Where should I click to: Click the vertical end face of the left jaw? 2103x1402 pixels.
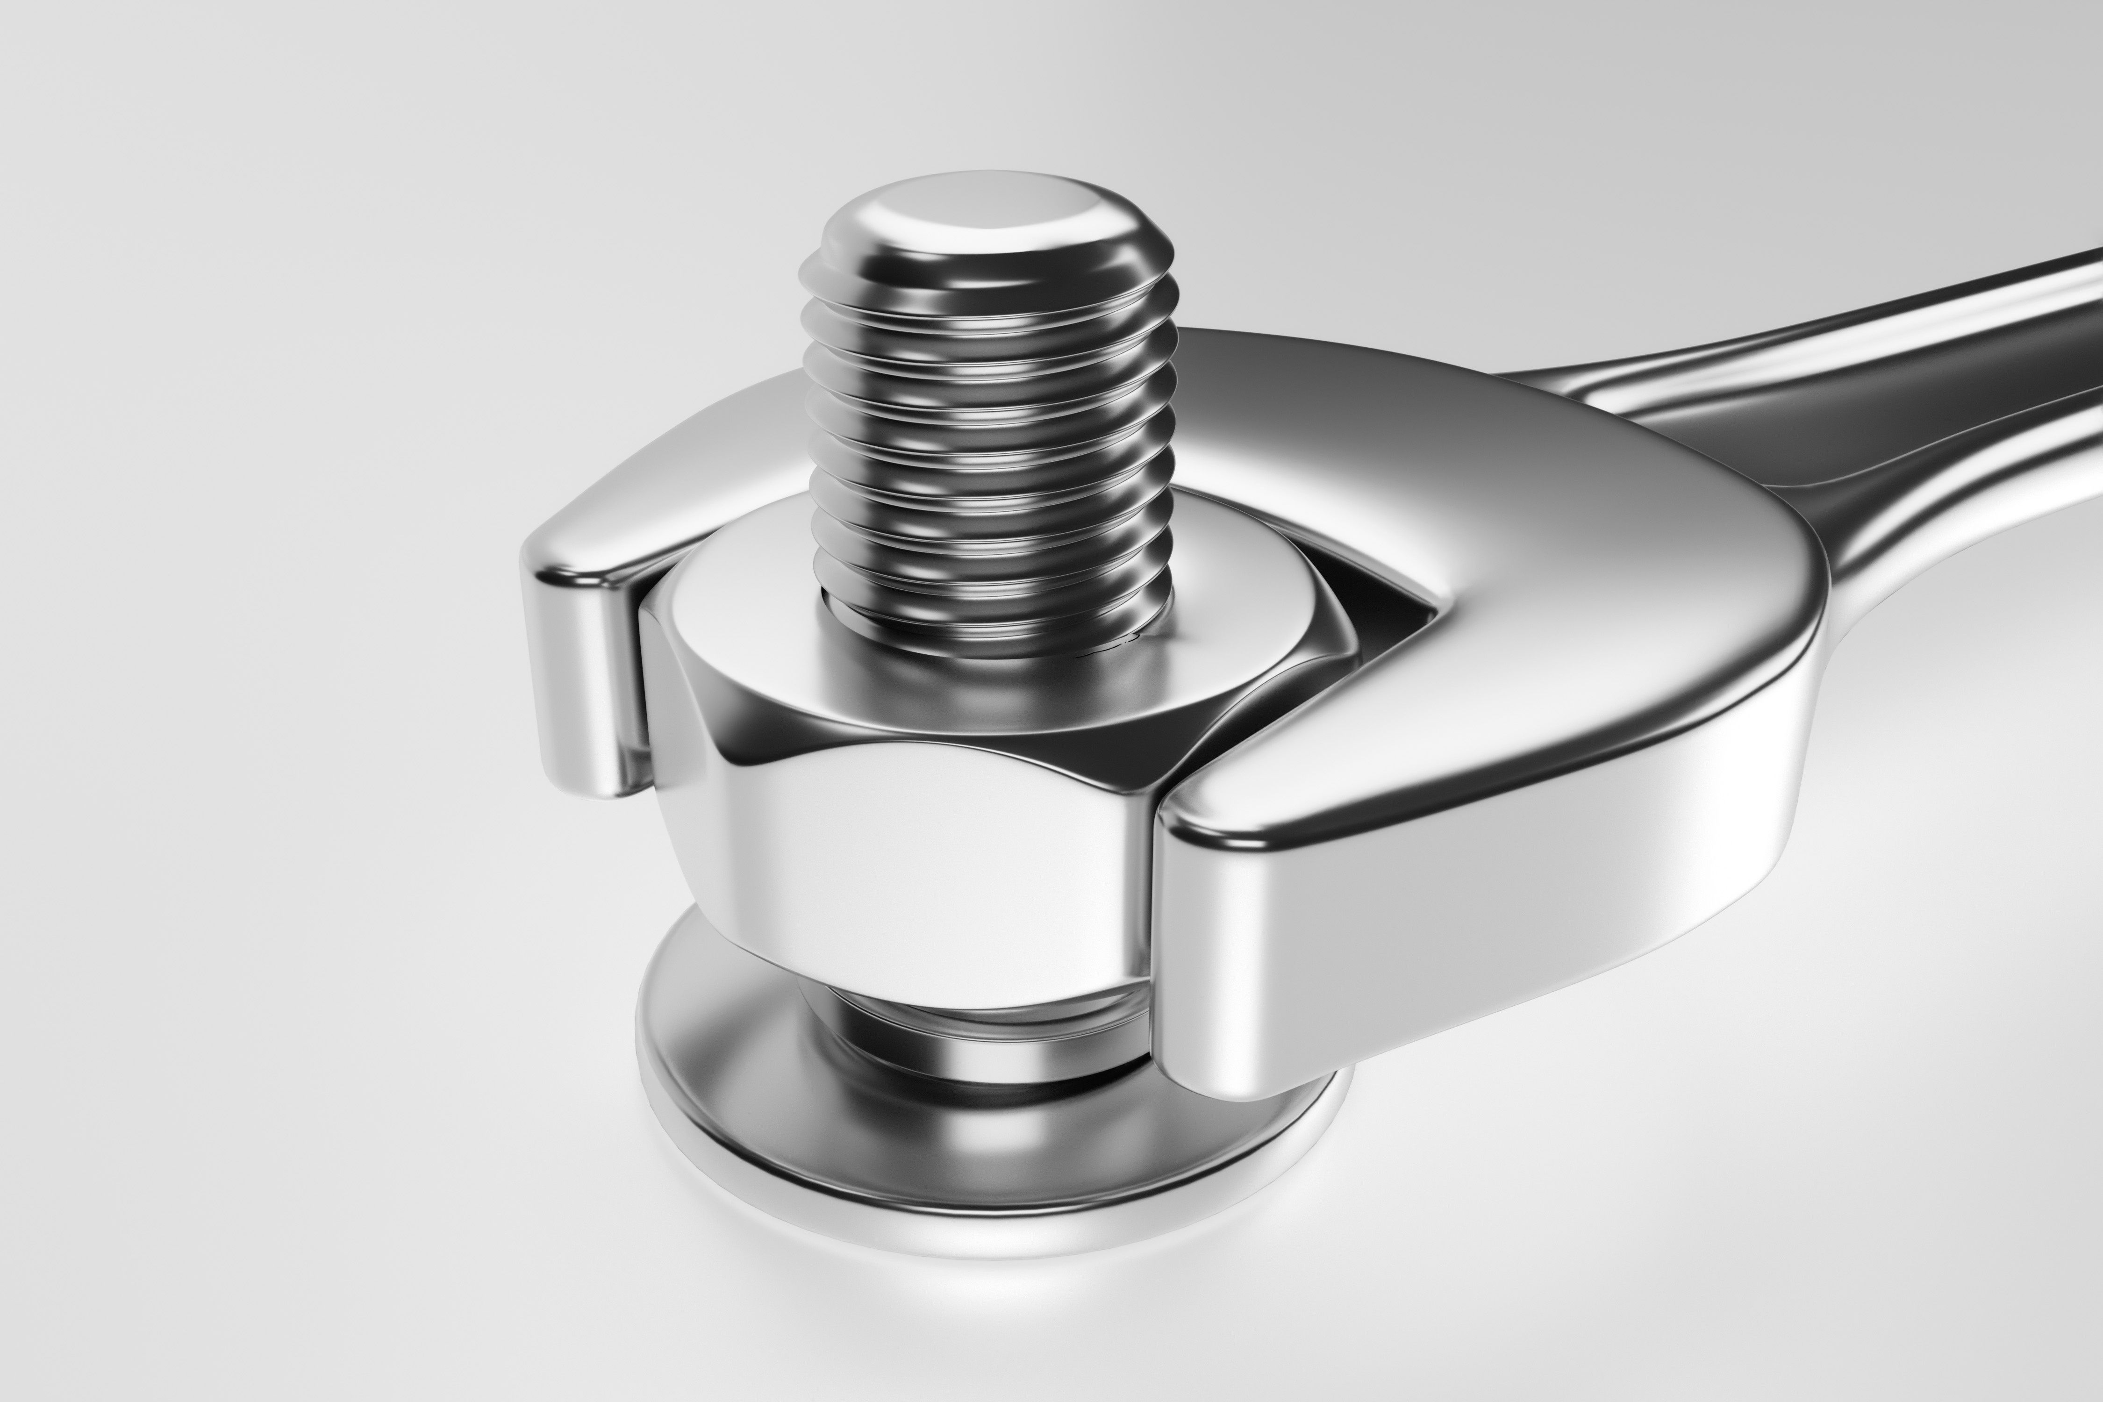pos(581,680)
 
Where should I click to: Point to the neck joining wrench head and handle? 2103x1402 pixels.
pos(1699,447)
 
